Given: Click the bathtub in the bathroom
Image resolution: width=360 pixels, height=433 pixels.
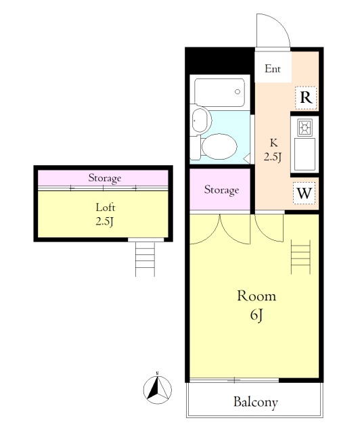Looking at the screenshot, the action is (219, 93).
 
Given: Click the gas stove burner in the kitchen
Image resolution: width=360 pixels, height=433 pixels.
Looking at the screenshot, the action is (305, 127).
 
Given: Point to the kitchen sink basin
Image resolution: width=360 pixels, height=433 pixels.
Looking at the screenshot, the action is (305, 154).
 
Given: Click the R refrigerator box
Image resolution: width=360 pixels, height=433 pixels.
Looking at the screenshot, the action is (306, 97).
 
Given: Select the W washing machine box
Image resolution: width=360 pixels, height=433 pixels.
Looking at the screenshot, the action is (305, 193).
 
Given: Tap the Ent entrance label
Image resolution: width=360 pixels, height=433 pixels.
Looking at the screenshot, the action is (273, 68).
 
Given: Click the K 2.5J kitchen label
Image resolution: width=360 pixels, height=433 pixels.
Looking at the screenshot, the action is (273, 150).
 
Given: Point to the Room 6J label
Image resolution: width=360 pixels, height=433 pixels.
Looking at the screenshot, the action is (256, 305).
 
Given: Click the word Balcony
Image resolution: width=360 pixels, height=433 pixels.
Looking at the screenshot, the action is (256, 402).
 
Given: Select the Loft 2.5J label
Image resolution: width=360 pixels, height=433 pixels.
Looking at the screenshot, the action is (106, 214).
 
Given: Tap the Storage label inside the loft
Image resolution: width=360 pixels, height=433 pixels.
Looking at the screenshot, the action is (105, 178).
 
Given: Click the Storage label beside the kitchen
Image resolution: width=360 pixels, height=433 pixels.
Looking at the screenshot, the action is (221, 190).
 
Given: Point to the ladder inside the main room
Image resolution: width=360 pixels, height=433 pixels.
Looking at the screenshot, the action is (300, 257).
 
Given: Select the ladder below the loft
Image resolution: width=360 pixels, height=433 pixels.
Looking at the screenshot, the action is (145, 259).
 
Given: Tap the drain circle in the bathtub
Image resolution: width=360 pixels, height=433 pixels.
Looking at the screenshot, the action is (238, 92).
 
